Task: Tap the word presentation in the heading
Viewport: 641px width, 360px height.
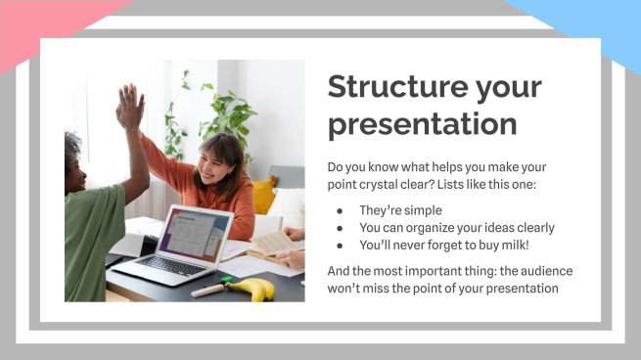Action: pyautogui.click(x=422, y=124)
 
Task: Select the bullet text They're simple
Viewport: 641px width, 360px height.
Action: pyautogui.click(x=401, y=210)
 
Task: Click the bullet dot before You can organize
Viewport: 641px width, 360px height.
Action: pyautogui.click(x=340, y=229)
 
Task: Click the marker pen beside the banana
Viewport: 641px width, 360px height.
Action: pyautogui.click(x=207, y=289)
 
